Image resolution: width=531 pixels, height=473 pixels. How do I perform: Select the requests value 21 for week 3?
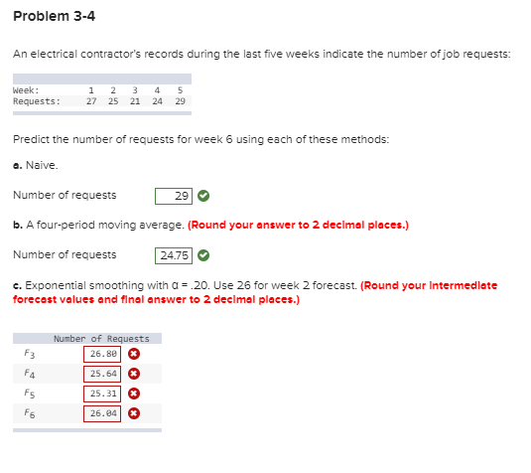click(136, 100)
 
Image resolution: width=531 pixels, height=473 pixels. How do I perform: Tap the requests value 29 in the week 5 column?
click(180, 100)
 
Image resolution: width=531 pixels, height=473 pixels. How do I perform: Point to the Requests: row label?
click(36, 100)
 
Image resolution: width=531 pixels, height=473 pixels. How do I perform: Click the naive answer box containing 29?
click(174, 196)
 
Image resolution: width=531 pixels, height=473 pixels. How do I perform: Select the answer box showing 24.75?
click(174, 254)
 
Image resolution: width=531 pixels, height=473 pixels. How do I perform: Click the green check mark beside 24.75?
click(204, 254)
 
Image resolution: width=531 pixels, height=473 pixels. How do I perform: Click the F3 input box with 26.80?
click(102, 353)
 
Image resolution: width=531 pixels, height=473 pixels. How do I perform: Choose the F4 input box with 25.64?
click(102, 373)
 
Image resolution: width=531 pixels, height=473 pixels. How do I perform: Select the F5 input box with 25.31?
click(102, 393)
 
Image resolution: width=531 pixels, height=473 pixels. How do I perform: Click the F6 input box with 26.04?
click(102, 412)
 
